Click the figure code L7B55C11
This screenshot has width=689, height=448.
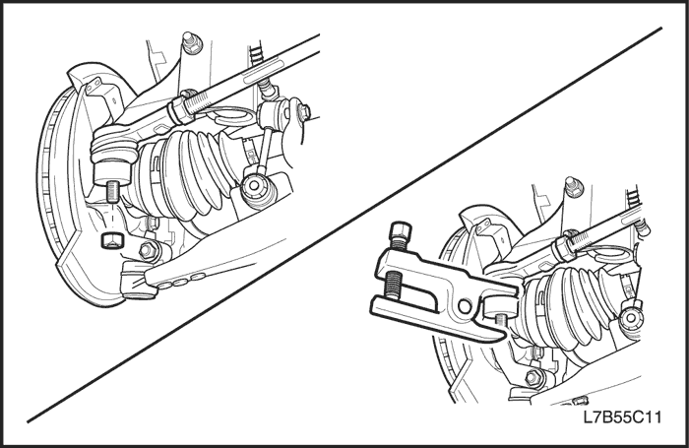coord(622,416)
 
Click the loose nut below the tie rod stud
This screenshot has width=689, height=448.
coord(111,240)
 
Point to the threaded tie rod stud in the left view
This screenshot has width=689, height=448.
coord(113,191)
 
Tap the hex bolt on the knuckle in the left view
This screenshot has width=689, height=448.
coord(147,251)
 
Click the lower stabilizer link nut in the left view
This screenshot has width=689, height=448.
coord(254,186)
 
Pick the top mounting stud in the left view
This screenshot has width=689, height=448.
coord(192,42)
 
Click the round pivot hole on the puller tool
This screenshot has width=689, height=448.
coord(464,305)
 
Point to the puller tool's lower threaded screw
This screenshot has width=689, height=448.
coord(393,286)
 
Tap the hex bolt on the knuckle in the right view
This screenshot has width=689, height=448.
coord(533,377)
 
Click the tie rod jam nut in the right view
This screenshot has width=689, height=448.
coord(562,248)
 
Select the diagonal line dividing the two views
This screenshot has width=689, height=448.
coord(344,225)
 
